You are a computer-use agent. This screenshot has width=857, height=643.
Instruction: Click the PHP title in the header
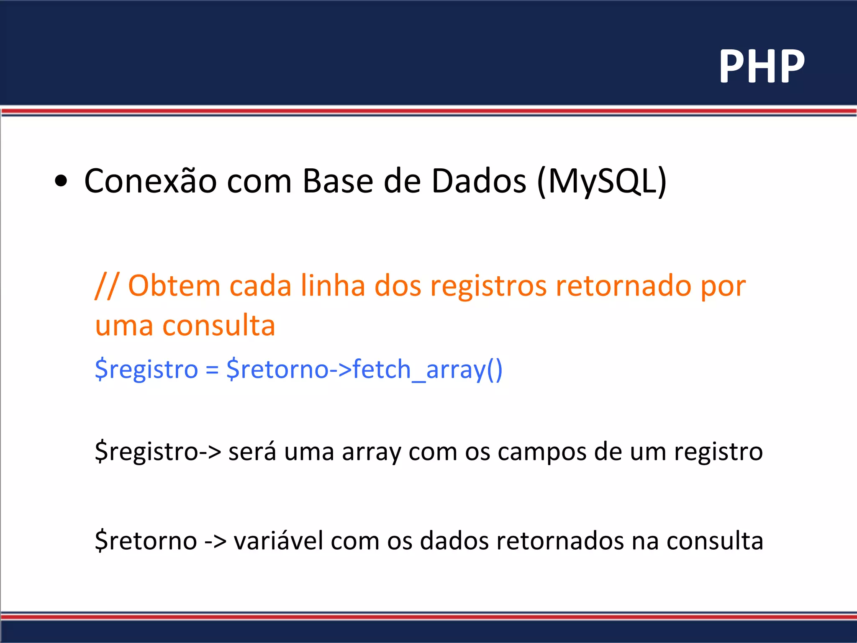click(762, 66)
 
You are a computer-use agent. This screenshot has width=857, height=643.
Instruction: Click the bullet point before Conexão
click(61, 182)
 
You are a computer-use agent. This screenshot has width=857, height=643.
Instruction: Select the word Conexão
click(150, 181)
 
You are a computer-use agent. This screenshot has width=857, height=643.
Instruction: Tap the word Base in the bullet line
click(337, 181)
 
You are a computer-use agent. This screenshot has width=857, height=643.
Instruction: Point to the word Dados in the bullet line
click(479, 181)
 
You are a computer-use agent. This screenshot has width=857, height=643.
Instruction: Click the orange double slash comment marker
click(107, 286)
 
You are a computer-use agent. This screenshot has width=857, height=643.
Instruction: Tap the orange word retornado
click(624, 286)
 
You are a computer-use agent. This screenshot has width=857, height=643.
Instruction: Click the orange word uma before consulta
click(124, 326)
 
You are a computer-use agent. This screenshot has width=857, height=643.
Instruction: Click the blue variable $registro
click(146, 369)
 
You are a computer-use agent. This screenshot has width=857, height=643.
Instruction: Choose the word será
click(252, 452)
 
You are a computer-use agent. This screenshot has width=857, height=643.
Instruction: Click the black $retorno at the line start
click(146, 540)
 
